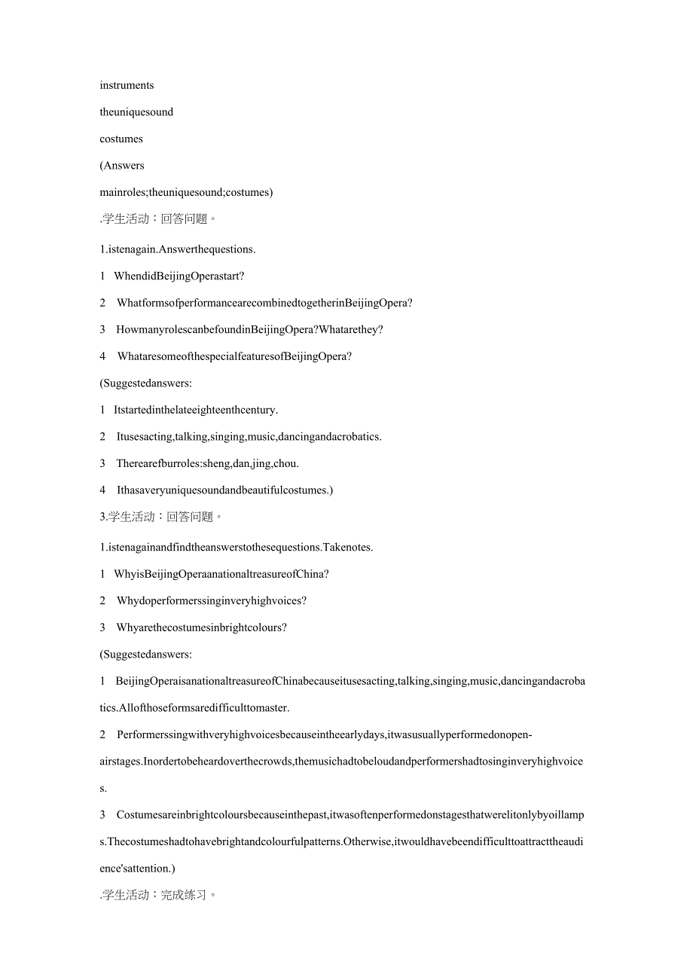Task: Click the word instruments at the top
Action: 127,85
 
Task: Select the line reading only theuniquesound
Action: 136,112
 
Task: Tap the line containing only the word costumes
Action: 121,139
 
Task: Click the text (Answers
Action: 122,166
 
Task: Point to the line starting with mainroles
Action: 186,192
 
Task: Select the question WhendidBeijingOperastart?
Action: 179,276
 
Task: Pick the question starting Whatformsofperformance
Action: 264,303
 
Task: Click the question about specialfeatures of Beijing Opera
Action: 234,356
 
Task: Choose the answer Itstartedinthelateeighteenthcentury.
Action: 196,410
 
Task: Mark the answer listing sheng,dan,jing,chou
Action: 208,463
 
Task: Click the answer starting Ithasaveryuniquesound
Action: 224,490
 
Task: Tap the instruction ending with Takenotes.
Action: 236,547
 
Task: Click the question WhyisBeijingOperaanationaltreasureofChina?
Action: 221,574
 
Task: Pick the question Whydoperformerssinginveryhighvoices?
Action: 212,600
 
